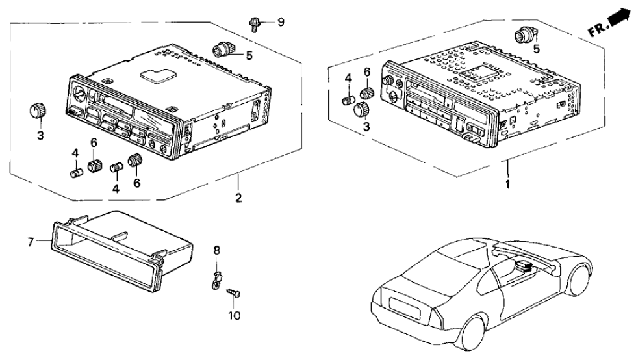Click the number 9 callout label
(x=281, y=23)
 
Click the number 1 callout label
(x=508, y=184)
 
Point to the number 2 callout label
(x=238, y=198)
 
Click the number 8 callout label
(x=217, y=250)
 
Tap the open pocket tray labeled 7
(x=117, y=246)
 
